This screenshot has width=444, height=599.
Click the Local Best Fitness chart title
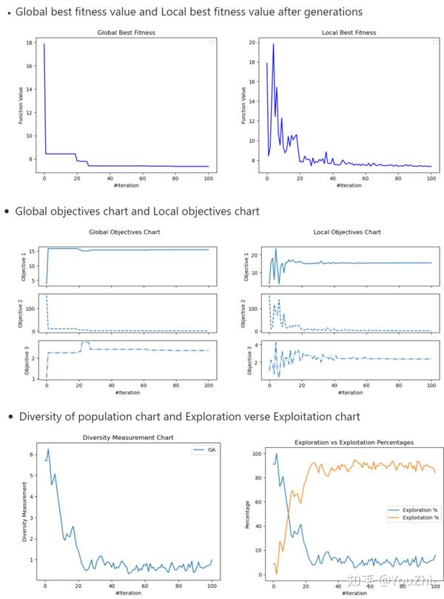(349, 33)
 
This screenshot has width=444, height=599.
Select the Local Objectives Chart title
(348, 232)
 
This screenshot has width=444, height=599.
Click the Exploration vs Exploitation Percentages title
(354, 442)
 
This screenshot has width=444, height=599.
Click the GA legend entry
(203, 449)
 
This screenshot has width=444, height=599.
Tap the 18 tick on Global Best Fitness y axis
(30, 44)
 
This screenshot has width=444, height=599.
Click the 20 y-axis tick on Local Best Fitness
(252, 43)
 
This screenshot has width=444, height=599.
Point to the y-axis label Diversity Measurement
(24, 512)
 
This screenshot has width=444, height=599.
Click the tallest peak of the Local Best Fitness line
(273, 44)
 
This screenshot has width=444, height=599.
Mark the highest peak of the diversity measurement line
(48, 449)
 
